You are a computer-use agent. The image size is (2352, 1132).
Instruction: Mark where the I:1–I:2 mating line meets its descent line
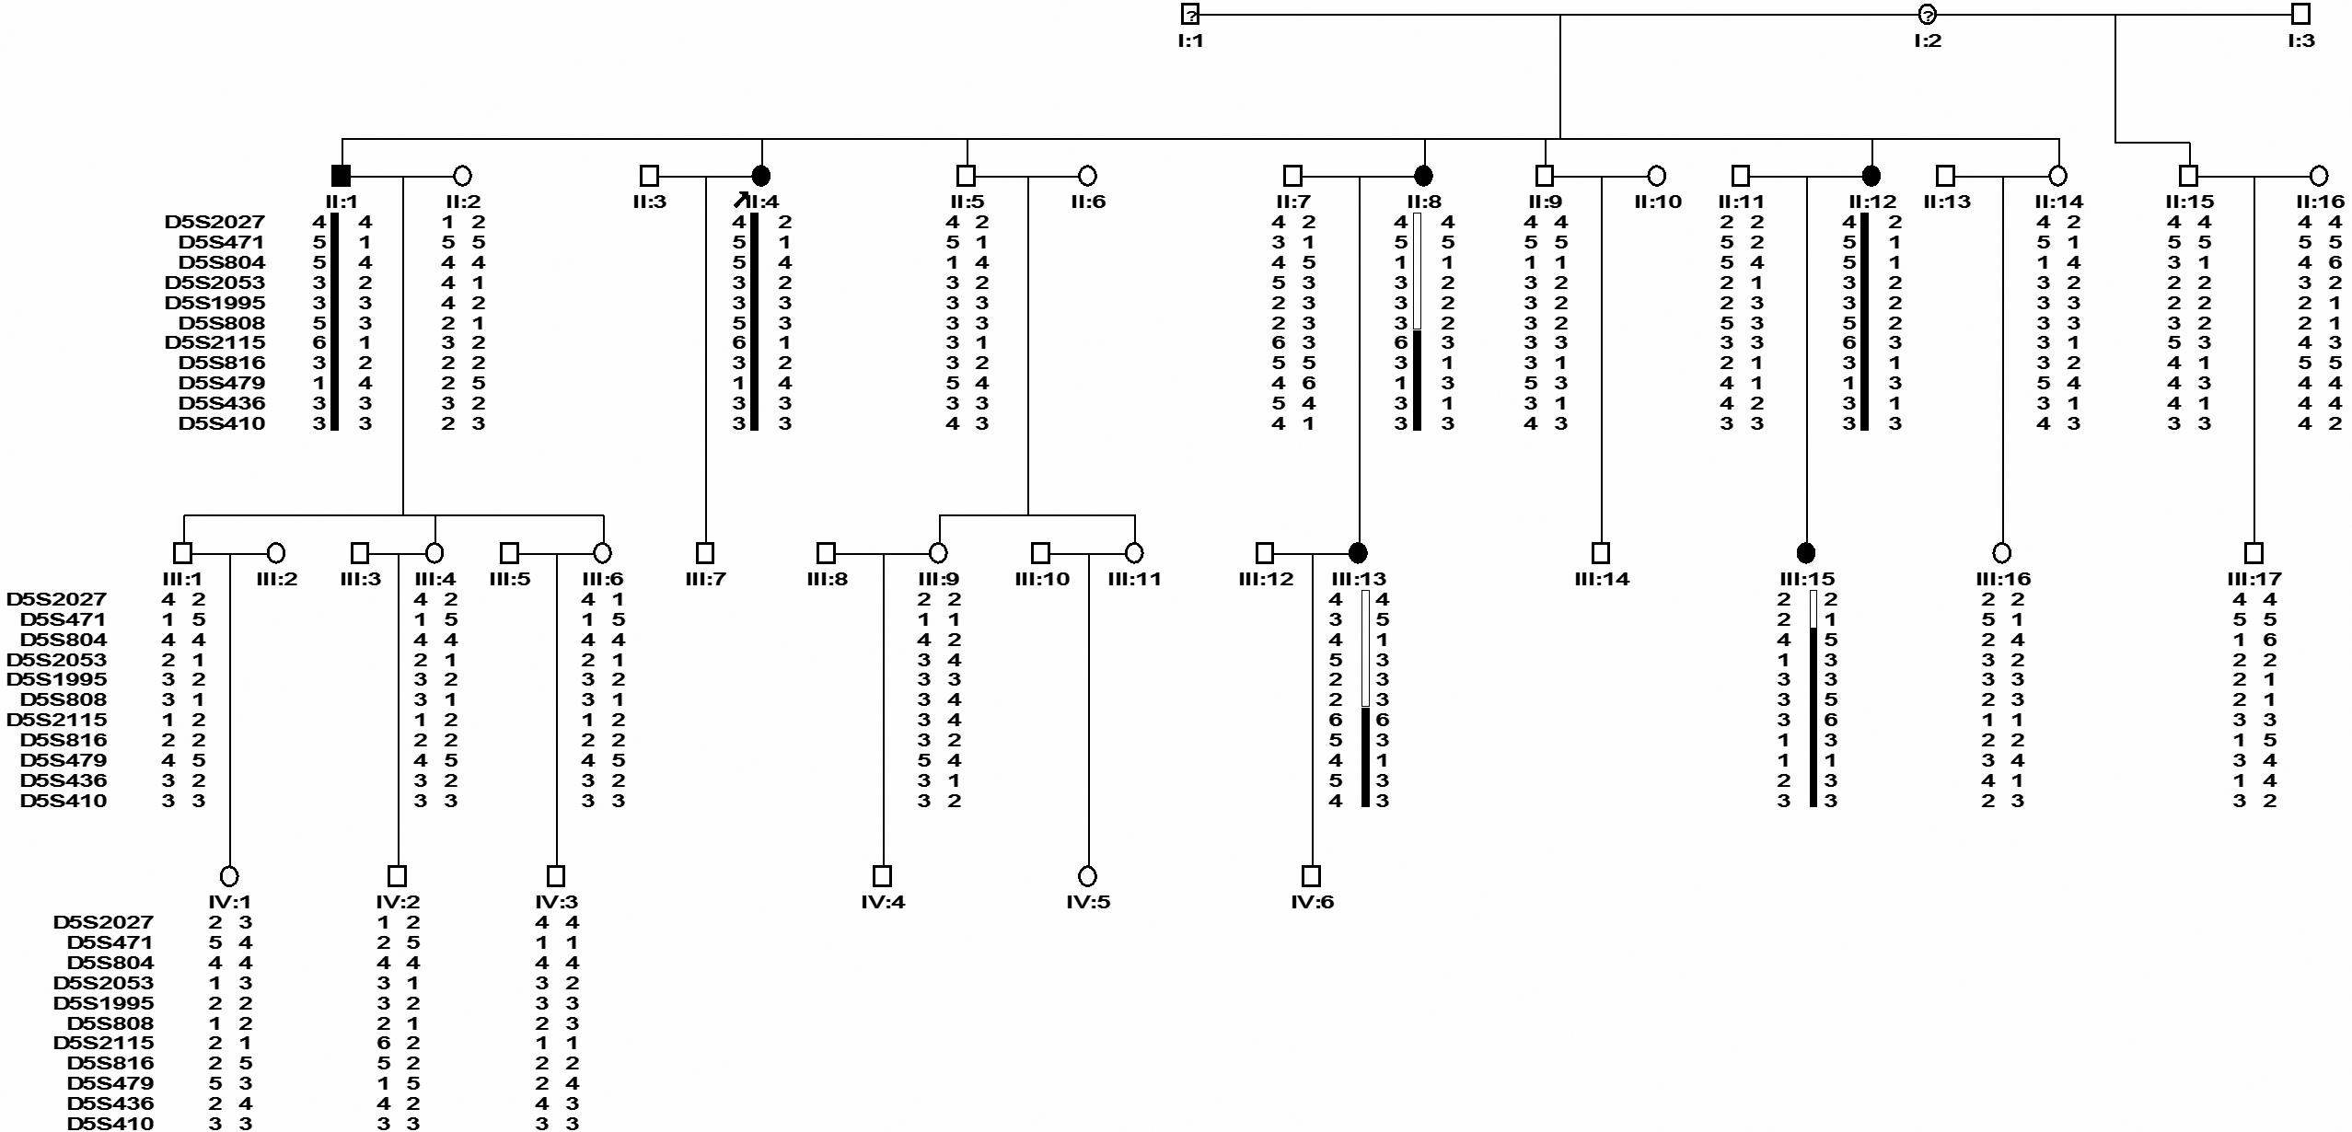[1560, 14]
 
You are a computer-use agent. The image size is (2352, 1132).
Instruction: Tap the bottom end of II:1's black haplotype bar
[335, 430]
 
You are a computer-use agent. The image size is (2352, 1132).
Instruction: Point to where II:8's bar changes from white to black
[1418, 330]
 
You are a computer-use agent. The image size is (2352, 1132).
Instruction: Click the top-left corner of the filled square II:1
[332, 166]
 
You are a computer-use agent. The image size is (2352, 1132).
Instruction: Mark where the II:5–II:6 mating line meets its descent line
[1028, 175]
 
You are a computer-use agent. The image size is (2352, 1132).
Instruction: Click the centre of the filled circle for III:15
[1806, 553]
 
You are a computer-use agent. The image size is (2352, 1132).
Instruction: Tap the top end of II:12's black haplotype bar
[1864, 214]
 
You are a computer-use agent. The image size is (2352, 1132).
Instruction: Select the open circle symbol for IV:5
[1088, 875]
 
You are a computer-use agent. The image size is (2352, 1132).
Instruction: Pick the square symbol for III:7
[705, 553]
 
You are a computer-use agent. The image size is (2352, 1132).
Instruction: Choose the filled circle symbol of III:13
[1357, 553]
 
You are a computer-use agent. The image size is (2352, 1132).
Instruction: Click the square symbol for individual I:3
[2300, 14]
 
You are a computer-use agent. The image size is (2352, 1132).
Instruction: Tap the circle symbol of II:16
[2319, 175]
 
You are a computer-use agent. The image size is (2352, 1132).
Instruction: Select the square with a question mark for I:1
[1190, 14]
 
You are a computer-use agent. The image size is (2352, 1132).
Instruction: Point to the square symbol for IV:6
[1312, 875]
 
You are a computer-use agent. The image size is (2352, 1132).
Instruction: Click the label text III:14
[1602, 579]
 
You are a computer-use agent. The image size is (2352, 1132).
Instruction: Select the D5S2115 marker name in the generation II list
[215, 342]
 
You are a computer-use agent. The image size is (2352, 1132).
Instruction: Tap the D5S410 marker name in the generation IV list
[110, 1123]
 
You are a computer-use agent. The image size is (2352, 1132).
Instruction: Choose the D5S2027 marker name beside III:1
[57, 599]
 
